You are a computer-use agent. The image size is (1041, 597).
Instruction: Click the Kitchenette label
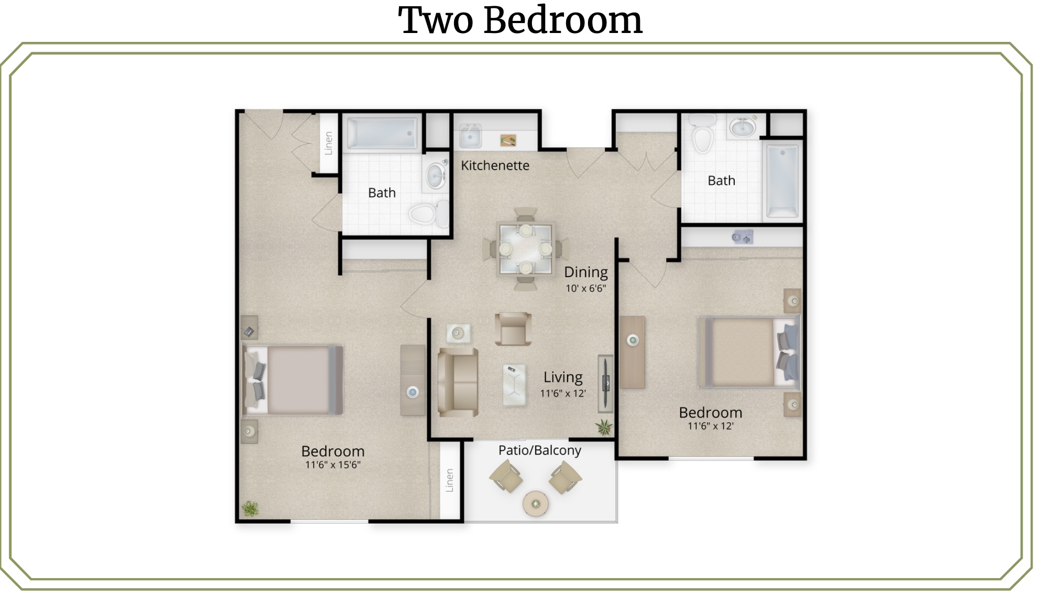495,165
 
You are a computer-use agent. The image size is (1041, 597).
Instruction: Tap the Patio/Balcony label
539,450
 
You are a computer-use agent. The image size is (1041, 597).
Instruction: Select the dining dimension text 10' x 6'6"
585,288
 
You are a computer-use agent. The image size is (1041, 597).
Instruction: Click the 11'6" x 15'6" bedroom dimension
333,465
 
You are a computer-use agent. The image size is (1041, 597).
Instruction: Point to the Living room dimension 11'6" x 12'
563,393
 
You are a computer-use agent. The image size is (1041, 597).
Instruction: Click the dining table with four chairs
526,249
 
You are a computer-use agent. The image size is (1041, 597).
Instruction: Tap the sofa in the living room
458,382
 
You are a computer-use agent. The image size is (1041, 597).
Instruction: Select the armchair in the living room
513,329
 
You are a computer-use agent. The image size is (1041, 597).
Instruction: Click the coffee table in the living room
514,385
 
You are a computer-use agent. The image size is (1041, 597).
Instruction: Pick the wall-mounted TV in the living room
606,383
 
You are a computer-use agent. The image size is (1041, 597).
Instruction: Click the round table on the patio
536,504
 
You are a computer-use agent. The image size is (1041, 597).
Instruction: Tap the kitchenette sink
470,137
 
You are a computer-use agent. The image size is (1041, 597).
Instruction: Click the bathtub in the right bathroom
782,181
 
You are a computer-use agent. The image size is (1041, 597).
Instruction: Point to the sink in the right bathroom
743,127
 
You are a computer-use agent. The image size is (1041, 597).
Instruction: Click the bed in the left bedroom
293,380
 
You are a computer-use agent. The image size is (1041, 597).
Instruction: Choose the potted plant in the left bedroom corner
250,508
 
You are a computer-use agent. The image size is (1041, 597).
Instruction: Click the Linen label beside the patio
449,480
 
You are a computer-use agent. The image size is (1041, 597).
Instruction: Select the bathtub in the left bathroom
382,133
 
